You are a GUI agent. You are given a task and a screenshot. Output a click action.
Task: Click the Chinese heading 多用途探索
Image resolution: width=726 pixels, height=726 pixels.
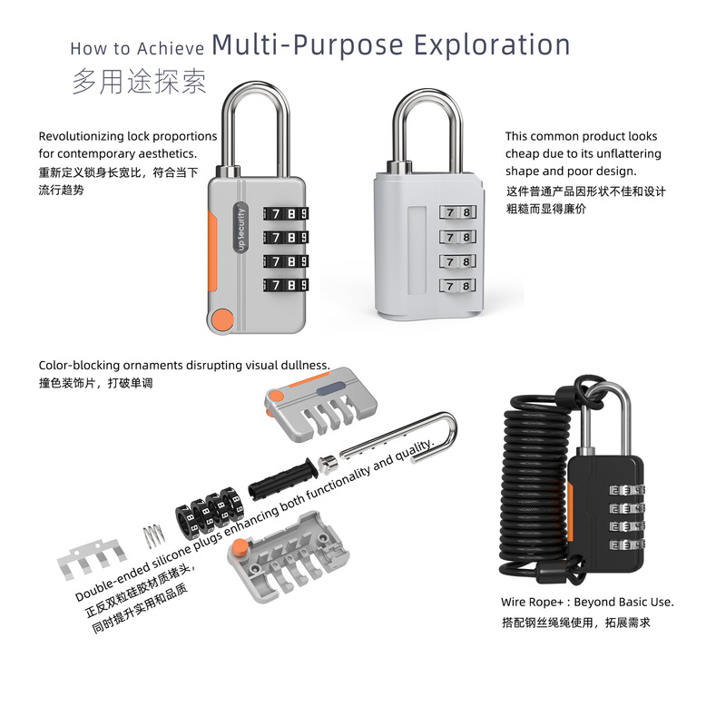click(139, 81)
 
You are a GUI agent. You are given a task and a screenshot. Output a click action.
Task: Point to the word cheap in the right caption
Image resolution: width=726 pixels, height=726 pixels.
click(523, 153)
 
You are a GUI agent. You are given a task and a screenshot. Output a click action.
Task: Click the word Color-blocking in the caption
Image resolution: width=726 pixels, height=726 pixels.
click(81, 365)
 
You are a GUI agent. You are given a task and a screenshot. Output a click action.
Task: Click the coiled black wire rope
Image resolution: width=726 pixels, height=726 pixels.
click(532, 490)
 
